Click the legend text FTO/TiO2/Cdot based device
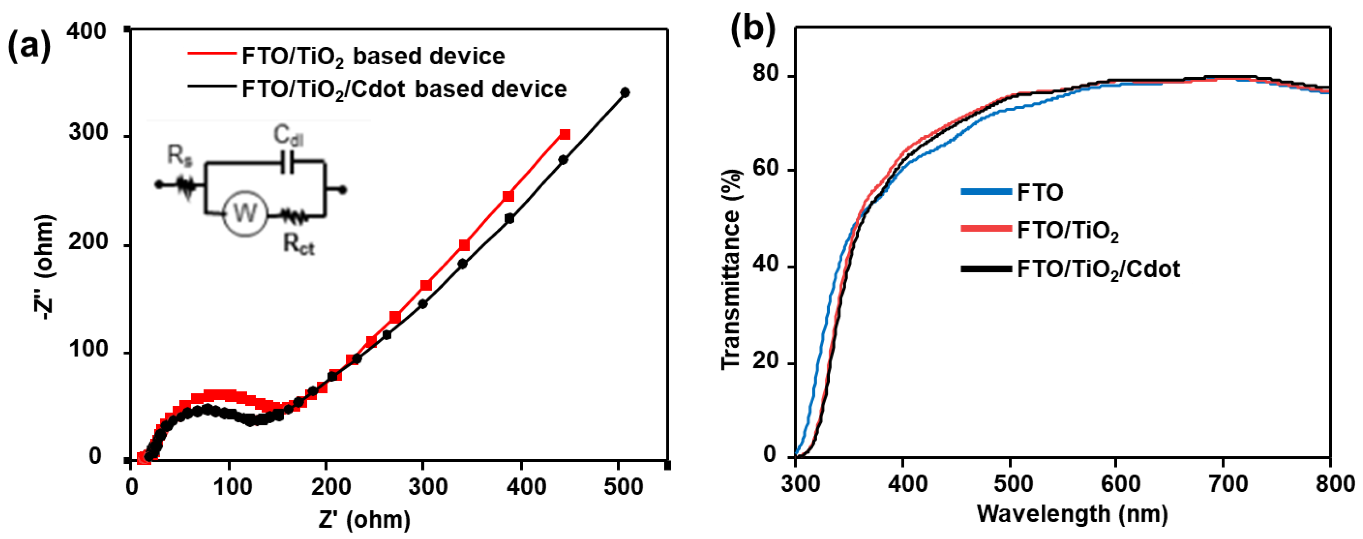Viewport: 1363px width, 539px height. (404, 89)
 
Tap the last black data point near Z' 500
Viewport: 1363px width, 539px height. (625, 93)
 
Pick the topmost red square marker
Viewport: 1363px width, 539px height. (565, 134)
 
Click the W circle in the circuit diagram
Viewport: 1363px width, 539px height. (244, 214)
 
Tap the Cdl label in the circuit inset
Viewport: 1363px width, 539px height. (288, 136)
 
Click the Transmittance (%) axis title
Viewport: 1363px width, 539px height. (732, 270)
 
